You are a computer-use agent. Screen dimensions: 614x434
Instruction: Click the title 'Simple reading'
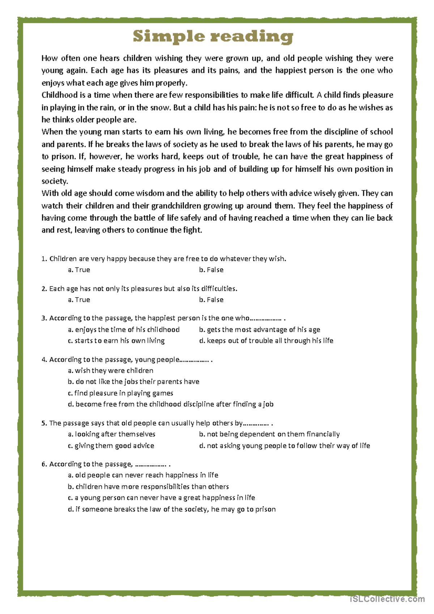click(213, 37)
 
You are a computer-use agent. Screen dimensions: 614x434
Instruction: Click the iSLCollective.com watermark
click(387, 599)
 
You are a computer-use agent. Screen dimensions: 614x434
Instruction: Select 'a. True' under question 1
click(79, 270)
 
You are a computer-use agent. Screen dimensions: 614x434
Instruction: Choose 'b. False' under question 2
click(211, 300)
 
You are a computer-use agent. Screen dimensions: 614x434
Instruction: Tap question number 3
click(44, 318)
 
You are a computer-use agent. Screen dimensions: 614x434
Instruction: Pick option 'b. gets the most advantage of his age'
click(259, 329)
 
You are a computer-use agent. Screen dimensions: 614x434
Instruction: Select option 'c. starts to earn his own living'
click(116, 341)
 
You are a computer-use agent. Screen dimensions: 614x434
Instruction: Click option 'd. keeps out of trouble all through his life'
click(266, 341)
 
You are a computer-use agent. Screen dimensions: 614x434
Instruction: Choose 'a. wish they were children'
click(110, 371)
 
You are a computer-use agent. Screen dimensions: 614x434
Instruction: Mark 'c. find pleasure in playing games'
click(120, 393)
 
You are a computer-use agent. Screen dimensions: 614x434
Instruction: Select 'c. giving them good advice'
click(111, 446)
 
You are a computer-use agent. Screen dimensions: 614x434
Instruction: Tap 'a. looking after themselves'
click(111, 434)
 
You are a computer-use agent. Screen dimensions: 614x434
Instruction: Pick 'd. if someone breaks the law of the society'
click(171, 509)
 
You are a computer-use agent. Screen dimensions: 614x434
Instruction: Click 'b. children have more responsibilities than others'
click(148, 487)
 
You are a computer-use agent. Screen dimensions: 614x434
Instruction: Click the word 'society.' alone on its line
click(55, 181)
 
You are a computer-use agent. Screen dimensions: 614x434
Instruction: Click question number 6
click(44, 464)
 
